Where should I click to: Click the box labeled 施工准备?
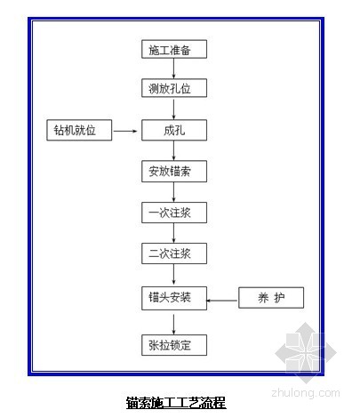tap(174, 49)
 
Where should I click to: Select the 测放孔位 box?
tap(174, 88)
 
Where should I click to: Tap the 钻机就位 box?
tap(79, 130)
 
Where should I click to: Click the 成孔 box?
tap(174, 130)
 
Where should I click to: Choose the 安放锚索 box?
tap(174, 172)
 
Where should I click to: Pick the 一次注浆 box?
tap(174, 213)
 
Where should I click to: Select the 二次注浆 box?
tap(174, 253)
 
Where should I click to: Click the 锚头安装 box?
tap(174, 298)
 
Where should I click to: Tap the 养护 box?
tap(271, 298)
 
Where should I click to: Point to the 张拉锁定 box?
tap(174, 345)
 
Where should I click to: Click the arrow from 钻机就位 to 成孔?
tap(125, 131)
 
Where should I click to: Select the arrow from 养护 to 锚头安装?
tap(221, 301)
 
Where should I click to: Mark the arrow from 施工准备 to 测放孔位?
tap(173, 68)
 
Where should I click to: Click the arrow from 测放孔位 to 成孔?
tap(173, 109)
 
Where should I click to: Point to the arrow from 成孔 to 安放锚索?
tap(173, 150)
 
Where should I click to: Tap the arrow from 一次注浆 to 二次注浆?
tap(173, 233)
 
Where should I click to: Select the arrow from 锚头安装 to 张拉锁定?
tap(173, 325)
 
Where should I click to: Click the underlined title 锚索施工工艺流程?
tap(176, 403)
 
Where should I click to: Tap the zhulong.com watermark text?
tap(306, 393)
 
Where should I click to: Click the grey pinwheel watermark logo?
tap(306, 352)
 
